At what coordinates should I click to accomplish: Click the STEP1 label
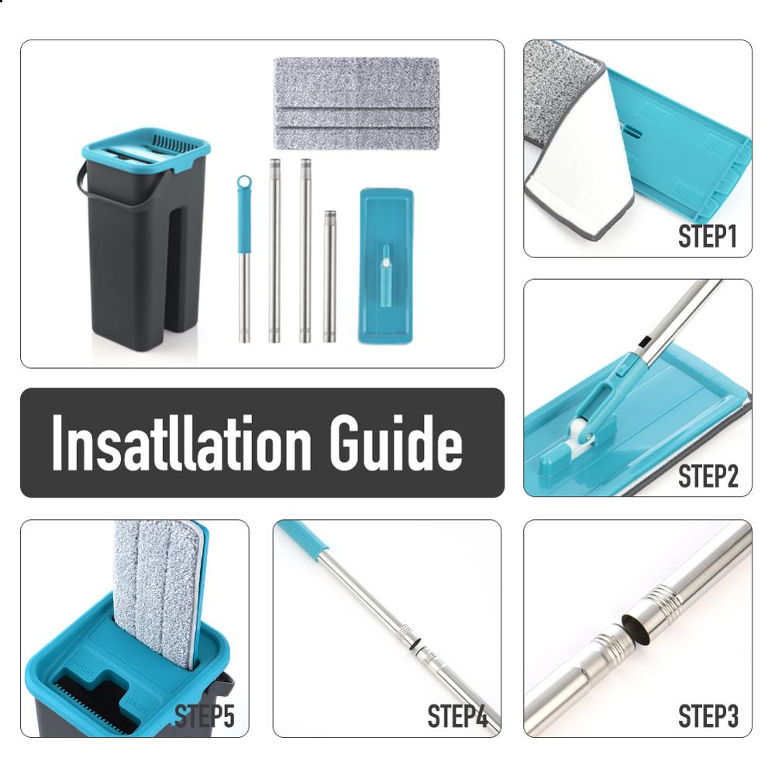pyautogui.click(x=706, y=236)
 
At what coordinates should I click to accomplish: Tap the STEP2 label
pyautogui.click(x=706, y=476)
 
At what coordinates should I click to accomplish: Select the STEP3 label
pyautogui.click(x=706, y=716)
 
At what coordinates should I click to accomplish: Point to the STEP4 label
pyautogui.click(x=457, y=716)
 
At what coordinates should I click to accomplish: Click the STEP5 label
pyautogui.click(x=204, y=716)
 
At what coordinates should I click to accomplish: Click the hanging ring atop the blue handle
pyautogui.click(x=244, y=184)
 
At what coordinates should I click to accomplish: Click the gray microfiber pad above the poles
pyautogui.click(x=356, y=103)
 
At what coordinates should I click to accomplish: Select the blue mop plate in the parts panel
pyautogui.click(x=386, y=265)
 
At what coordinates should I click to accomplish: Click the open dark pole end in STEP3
pyautogui.click(x=635, y=628)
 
